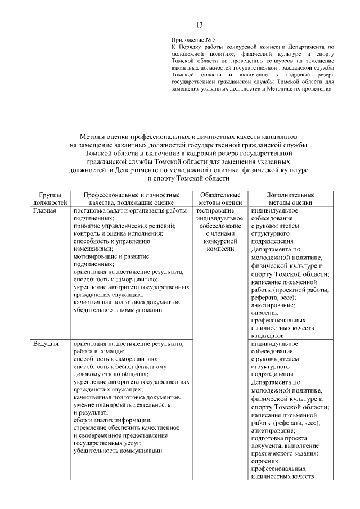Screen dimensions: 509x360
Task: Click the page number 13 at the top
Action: [199, 25]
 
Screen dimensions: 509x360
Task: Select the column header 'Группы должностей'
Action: [51, 199]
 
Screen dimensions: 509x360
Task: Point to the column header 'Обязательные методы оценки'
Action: [220, 199]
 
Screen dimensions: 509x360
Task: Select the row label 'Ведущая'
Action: [46, 343]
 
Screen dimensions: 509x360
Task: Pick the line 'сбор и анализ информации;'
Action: [112, 420]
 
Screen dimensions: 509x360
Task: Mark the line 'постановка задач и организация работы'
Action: [129, 211]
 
